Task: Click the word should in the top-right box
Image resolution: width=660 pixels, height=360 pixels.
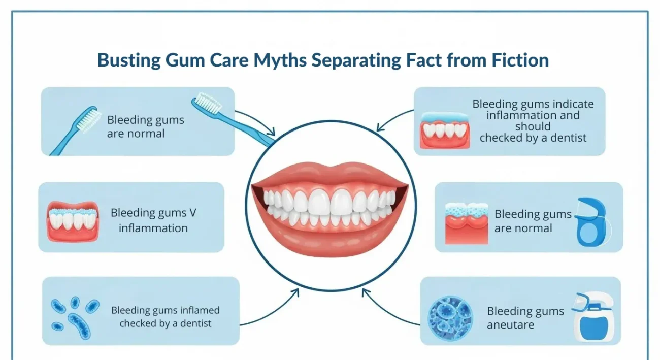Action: click(533, 126)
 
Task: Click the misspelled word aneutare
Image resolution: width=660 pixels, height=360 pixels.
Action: click(510, 325)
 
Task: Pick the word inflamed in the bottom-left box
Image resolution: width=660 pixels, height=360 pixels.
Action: click(200, 310)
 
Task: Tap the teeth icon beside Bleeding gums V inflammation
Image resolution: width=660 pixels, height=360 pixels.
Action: click(73, 221)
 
